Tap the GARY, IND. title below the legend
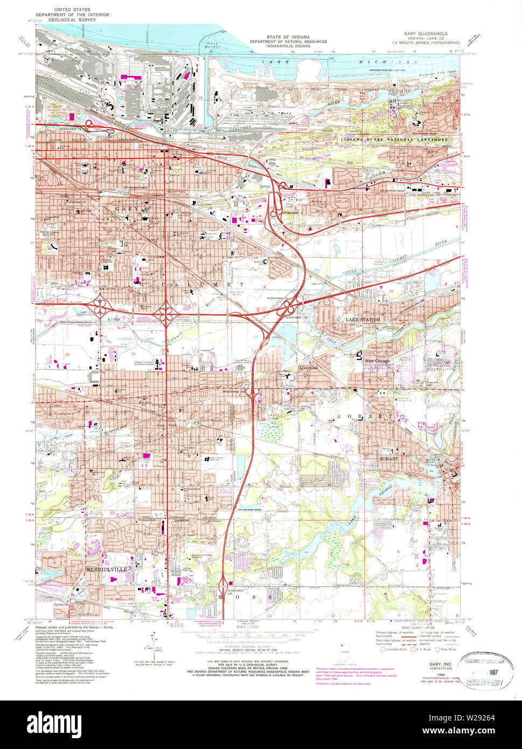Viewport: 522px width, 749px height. (440, 664)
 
